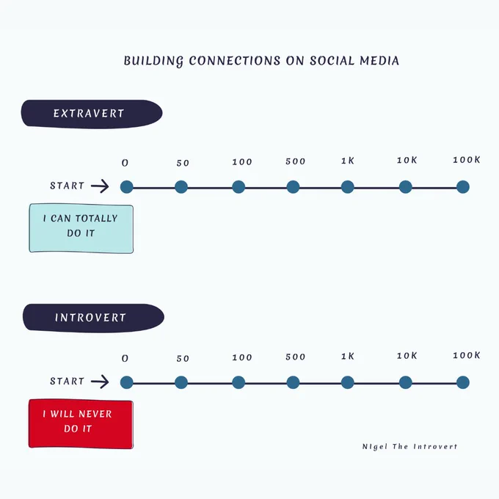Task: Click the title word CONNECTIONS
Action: point(235,60)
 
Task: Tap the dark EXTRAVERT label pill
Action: point(92,114)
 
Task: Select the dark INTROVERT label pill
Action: point(93,318)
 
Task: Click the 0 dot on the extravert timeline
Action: point(127,187)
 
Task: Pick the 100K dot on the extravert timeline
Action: point(463,187)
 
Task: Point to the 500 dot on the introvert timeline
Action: point(293,382)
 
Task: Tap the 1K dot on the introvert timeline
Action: point(348,382)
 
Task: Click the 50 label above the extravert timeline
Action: point(183,163)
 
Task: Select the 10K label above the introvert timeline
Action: point(407,355)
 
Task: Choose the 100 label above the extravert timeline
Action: point(242,162)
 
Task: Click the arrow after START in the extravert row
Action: point(100,186)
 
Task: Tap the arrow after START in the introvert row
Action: point(100,382)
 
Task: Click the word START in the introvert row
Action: point(67,381)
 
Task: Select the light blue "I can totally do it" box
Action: point(81,228)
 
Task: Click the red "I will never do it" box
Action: point(81,424)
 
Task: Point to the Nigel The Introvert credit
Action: point(409,446)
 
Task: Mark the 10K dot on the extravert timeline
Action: point(405,187)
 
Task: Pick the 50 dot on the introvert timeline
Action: point(181,382)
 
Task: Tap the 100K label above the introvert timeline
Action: point(467,355)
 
